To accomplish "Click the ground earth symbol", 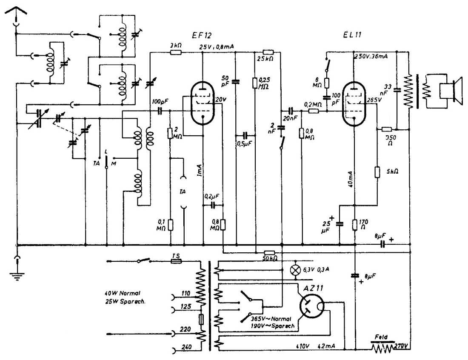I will click(17, 272).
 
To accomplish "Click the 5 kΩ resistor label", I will click(392, 173).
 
